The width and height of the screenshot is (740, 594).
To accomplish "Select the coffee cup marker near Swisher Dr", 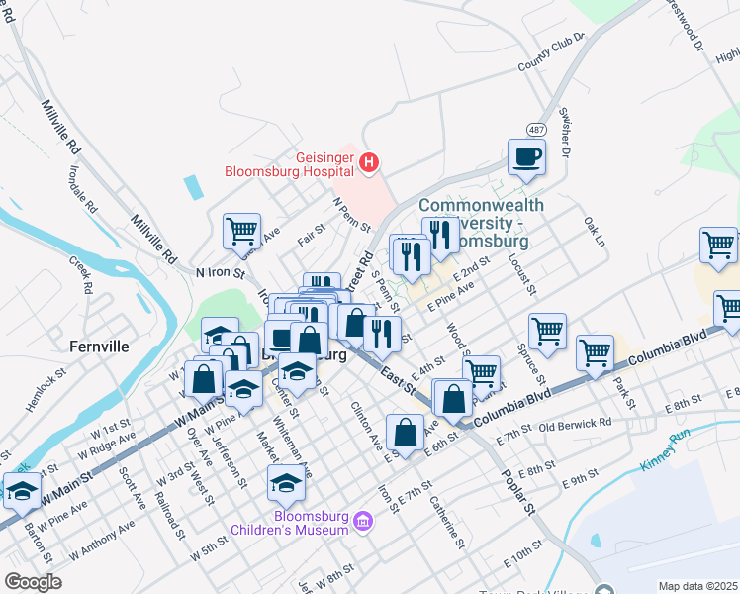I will [526, 156].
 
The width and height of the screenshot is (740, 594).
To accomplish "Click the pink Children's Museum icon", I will [362, 521].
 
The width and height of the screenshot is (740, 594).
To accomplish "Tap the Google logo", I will [34, 582].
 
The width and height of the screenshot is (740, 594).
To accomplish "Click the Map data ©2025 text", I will [697, 586].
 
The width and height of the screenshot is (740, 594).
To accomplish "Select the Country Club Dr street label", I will [550, 53].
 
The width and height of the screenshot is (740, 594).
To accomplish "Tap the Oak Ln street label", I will [595, 232].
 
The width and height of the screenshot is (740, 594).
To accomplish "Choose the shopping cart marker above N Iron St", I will [241, 232].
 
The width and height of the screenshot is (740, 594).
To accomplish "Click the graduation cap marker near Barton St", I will [22, 490].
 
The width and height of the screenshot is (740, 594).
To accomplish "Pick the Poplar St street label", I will [516, 494].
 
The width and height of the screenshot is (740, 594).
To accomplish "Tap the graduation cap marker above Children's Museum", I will [286, 483].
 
